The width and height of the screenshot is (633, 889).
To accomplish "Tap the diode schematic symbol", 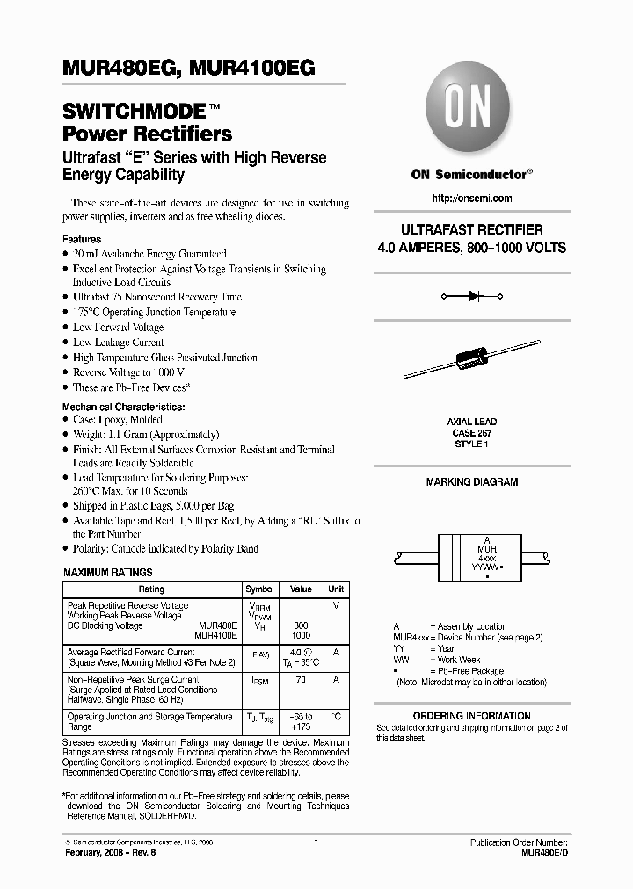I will [471, 297].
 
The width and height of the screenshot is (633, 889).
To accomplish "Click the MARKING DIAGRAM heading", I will [472, 482].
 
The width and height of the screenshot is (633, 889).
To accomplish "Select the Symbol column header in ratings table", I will [259, 589].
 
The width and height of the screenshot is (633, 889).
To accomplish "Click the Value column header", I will [302, 589].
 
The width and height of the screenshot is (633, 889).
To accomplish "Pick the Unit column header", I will [336, 589].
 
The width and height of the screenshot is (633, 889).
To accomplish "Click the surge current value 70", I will [302, 681].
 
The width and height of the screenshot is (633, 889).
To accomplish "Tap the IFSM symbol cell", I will [259, 681].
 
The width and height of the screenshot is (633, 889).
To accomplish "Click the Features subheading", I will [82, 239].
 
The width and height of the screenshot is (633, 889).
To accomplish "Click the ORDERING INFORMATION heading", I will [472, 716].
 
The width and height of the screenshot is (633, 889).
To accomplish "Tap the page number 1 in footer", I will [316, 842].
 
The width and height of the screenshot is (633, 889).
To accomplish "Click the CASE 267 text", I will [472, 433].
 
